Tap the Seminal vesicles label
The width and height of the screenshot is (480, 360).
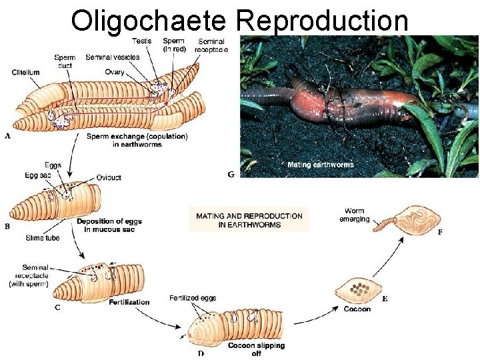coord(112,57)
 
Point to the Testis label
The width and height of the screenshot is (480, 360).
coord(141,41)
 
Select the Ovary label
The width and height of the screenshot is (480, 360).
coord(114,72)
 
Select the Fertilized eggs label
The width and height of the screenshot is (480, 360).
coord(193,297)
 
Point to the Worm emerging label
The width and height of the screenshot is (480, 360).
coord(354,215)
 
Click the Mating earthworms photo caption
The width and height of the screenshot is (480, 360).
coord(320,164)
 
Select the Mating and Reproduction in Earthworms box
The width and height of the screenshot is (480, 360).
coord(249,220)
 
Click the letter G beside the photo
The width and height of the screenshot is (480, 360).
coord(231,175)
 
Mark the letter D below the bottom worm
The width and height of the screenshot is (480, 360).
coord(201,353)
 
